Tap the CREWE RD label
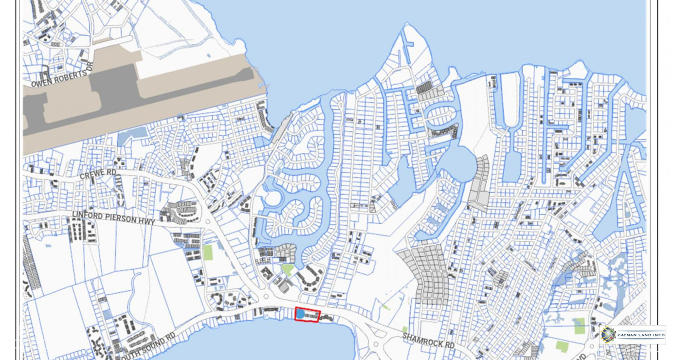(x=98, y=173)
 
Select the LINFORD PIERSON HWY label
(x=113, y=217)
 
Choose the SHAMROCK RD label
(x=428, y=340)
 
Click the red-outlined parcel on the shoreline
(x=308, y=315)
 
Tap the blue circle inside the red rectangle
(x=301, y=314)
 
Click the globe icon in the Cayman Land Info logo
(x=607, y=335)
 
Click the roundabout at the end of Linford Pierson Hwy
(x=208, y=221)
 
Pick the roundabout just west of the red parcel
(x=266, y=296)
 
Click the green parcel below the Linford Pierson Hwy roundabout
(x=208, y=252)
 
